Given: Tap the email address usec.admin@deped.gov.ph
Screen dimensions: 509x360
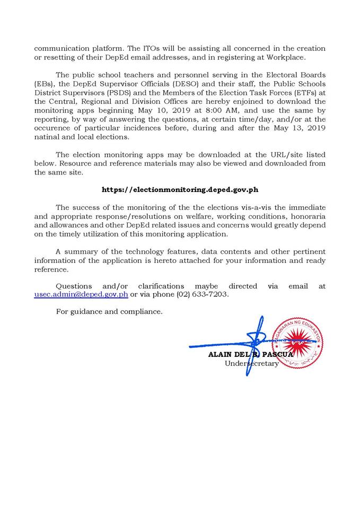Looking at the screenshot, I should tap(81, 294).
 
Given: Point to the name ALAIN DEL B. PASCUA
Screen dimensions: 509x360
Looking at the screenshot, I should tap(250, 355).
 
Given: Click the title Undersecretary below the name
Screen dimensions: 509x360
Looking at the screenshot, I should tap(251, 364).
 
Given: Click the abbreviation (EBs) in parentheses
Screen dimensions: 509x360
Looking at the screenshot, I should tap(45, 85).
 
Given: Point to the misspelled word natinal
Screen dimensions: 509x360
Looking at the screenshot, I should tap(48, 137).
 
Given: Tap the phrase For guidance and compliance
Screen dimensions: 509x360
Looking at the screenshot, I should tap(109, 311).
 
